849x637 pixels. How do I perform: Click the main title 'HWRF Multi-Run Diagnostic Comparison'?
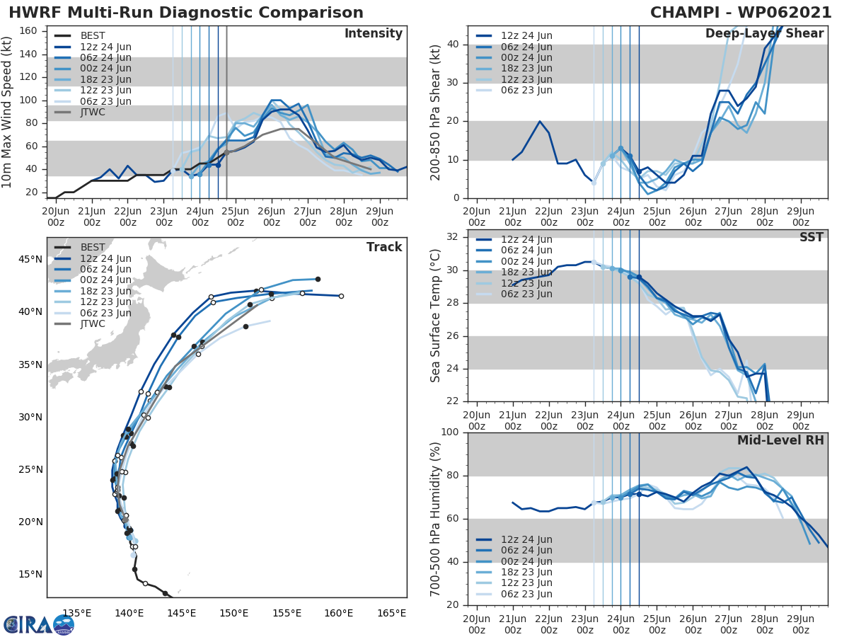186,13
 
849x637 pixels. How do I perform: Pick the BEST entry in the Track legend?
93,248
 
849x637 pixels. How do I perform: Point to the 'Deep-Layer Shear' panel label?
764,34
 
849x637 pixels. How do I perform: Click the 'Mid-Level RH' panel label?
780,440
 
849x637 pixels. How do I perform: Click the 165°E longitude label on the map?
391,613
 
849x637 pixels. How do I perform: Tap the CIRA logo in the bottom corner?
39,624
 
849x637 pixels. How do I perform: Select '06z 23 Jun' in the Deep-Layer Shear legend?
526,90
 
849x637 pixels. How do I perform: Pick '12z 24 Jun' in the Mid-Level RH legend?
526,539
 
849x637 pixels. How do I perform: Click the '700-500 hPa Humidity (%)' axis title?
436,519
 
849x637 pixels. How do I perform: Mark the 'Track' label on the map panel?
383,247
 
